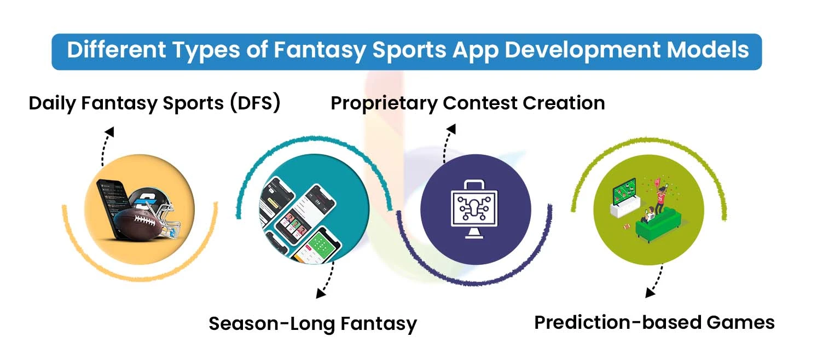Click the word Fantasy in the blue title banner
tap(320, 51)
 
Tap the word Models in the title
tap(708, 50)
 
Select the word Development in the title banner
tap(582, 51)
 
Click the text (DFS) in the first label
tap(256, 103)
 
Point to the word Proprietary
tap(384, 103)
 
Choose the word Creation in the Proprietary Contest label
tap(564, 103)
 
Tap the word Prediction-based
tap(618, 322)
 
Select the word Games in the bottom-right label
tap(740, 322)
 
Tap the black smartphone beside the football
tap(113, 208)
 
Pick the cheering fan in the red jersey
tap(660, 198)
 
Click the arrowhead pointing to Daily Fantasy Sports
tap(110, 132)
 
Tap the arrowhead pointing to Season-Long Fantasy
tap(321, 293)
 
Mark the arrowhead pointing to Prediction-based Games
tap(650, 293)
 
